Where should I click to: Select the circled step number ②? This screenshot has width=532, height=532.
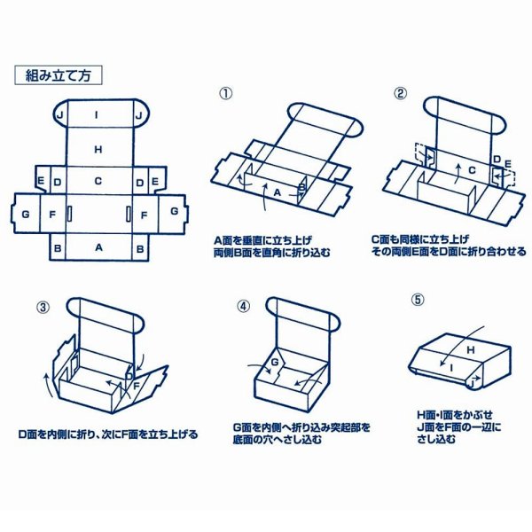[400, 92]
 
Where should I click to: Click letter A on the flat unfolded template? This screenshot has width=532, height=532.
[98, 248]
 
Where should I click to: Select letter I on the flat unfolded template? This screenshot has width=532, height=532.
[98, 115]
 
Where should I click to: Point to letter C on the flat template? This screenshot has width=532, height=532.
[98, 181]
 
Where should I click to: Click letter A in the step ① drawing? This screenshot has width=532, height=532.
[277, 192]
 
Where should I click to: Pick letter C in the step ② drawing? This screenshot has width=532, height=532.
[472, 168]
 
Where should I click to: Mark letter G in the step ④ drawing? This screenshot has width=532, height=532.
[274, 363]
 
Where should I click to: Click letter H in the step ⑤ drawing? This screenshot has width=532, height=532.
[470, 351]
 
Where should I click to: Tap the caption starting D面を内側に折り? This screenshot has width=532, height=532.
[108, 434]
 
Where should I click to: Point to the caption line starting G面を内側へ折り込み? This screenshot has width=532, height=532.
[304, 426]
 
